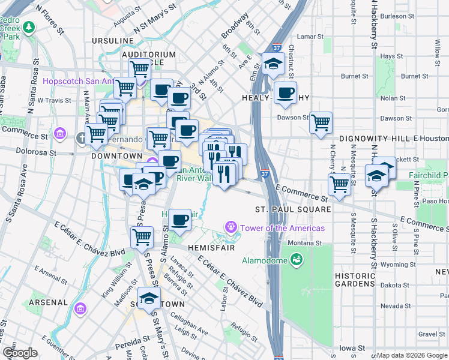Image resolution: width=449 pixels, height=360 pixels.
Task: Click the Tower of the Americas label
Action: pos(282,228)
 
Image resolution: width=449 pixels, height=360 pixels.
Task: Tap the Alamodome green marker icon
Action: pos(295,259)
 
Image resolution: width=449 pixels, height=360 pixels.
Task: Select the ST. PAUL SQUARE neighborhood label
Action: pos(293,209)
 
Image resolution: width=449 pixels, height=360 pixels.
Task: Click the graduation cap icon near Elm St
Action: pos(273,64)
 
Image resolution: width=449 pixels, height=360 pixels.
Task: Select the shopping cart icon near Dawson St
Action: pos(321,122)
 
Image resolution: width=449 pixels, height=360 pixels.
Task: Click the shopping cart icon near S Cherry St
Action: pos(339,184)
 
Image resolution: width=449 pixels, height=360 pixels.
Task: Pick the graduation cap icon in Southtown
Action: pos(149,298)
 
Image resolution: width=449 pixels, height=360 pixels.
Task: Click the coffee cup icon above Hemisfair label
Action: pos(179,220)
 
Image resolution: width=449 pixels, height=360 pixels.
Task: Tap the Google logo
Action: pos(19,353)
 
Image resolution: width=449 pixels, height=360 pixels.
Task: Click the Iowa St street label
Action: pos(352,347)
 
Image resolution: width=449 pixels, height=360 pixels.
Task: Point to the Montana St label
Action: pos(304,243)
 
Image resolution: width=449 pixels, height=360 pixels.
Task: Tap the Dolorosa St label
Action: pos(35,152)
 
